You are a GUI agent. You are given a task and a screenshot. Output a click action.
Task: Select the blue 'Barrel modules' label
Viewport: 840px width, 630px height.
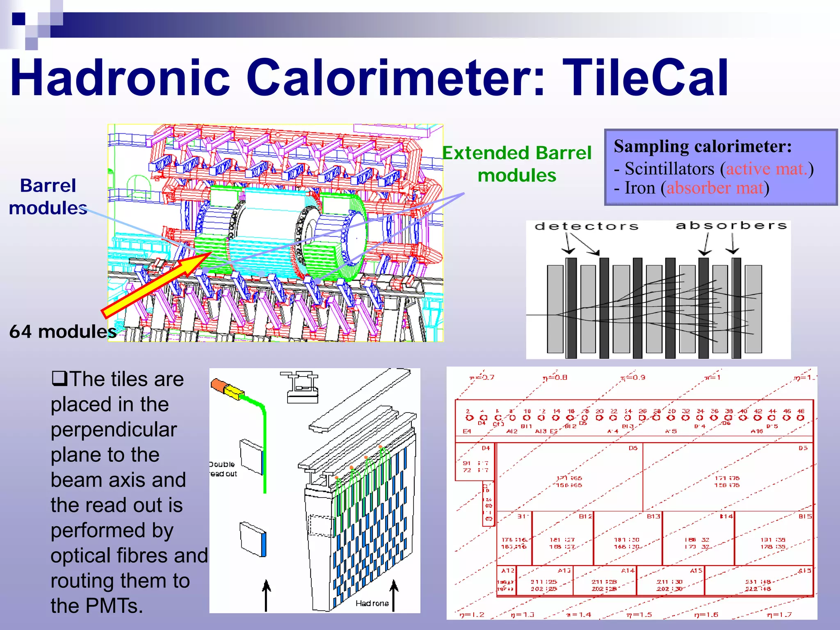48,196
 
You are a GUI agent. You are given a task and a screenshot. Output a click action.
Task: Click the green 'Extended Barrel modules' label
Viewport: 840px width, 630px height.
517,164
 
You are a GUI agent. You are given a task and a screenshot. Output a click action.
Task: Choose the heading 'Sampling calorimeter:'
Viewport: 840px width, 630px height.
703,146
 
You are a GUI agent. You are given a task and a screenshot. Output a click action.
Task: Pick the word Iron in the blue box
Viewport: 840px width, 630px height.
640,188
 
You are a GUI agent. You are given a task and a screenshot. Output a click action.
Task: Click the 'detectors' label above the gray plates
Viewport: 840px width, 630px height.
587,226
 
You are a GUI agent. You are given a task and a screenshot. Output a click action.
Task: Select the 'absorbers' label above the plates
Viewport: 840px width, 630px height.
731,225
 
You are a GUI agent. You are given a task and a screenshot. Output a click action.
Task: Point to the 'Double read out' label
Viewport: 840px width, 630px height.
223,469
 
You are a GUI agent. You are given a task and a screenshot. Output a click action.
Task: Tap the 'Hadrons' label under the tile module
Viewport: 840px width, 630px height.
372,603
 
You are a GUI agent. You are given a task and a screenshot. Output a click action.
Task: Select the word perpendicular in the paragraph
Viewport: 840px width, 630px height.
114,429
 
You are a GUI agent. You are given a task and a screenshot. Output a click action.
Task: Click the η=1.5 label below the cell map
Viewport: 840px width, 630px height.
639,614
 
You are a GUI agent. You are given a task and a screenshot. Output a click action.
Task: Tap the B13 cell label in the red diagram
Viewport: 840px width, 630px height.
653,516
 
